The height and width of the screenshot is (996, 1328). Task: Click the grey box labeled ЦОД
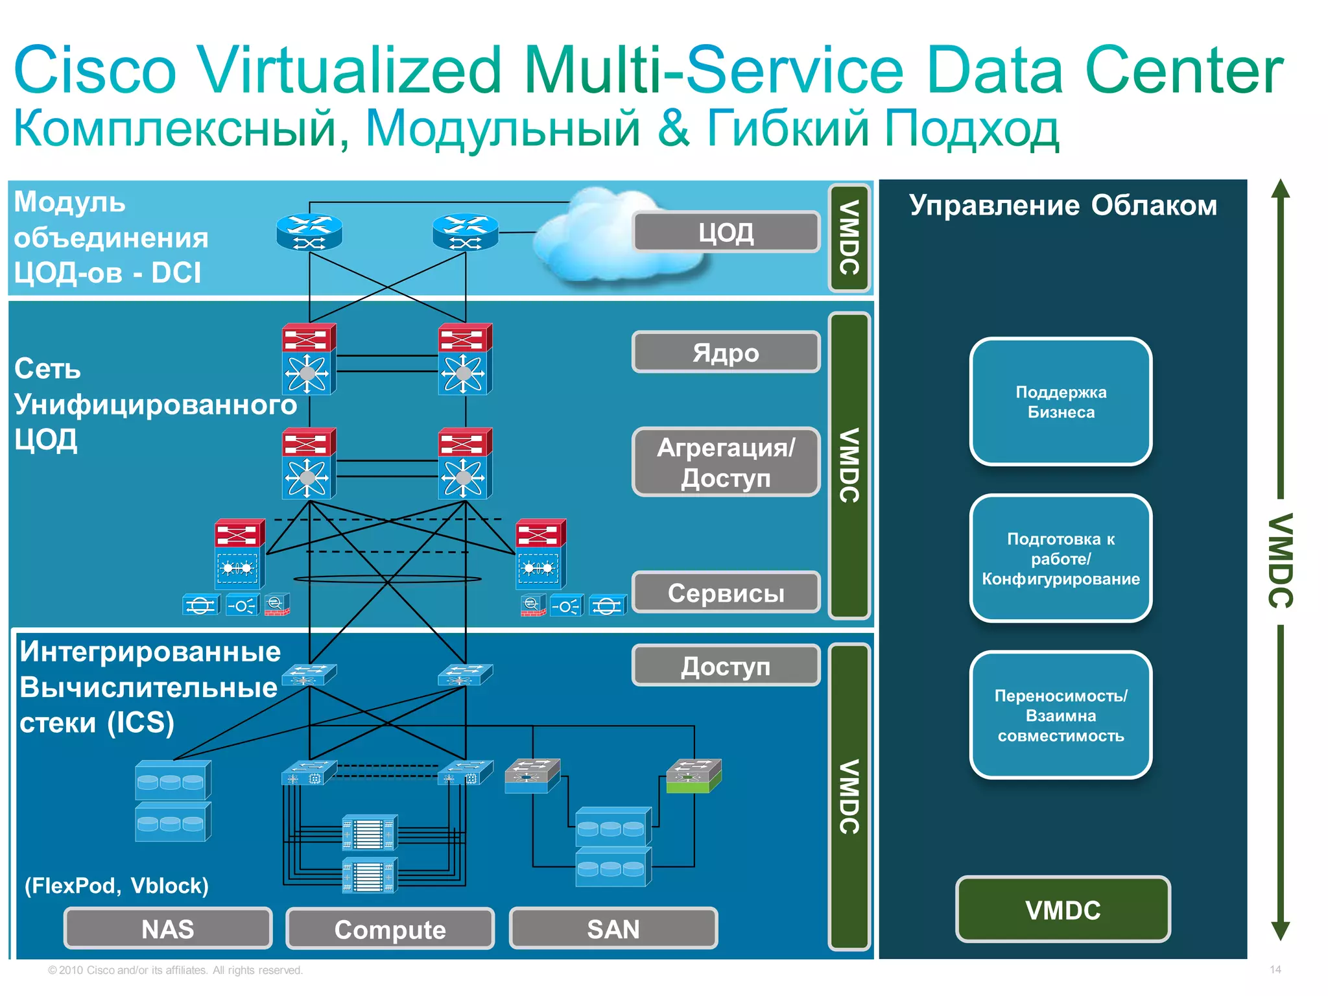[x=726, y=231]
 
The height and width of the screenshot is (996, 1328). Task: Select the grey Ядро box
[x=726, y=352]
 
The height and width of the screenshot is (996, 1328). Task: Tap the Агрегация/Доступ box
[x=726, y=462]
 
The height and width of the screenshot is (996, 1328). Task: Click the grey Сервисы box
[x=726, y=592]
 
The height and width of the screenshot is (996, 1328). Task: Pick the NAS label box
[x=168, y=928]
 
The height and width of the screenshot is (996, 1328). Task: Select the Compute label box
[x=390, y=929]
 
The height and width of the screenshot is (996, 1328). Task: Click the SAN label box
[x=613, y=928]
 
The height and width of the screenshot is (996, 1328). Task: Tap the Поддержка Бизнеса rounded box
[x=1060, y=401]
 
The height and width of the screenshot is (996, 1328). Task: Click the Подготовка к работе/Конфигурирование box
[x=1060, y=558]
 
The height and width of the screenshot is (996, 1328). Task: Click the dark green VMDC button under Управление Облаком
[x=1063, y=909]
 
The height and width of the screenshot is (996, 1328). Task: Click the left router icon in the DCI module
[x=309, y=232]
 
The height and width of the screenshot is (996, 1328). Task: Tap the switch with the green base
[x=694, y=776]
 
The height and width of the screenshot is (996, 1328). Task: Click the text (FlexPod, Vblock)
[x=117, y=885]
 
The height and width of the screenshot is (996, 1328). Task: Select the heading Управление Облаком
[x=1062, y=205]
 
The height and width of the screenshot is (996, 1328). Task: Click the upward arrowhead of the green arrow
[x=1280, y=189]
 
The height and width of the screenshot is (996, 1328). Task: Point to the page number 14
[x=1275, y=969]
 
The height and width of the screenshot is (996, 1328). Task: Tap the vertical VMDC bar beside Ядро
[x=849, y=465]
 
